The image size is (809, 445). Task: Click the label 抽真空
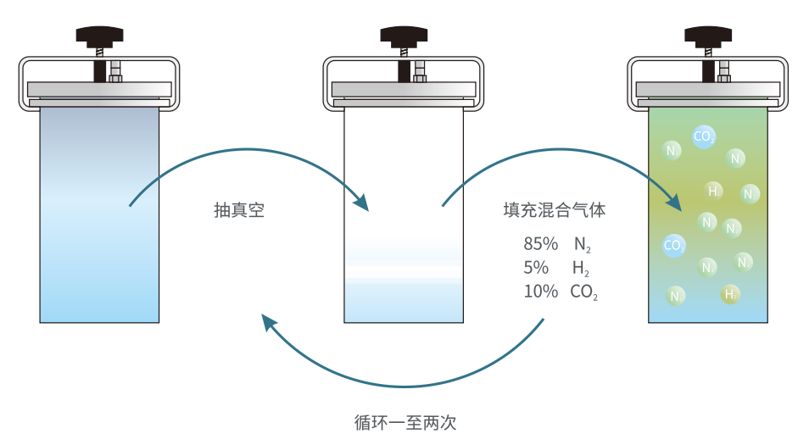point(239,210)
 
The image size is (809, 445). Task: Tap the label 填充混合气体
point(555,210)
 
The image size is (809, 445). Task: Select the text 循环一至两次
point(405,421)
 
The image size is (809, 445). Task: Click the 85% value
point(540,244)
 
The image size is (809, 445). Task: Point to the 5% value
point(535,268)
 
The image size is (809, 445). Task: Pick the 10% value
point(540,292)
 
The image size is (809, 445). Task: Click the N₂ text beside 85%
point(582,245)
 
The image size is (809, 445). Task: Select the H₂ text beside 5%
point(581,269)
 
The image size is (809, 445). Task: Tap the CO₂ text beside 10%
point(584,292)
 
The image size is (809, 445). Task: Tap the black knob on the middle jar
point(404,36)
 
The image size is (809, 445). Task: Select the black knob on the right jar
point(708,36)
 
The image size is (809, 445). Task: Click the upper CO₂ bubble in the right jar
point(703,136)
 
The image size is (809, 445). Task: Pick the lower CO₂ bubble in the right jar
point(674,246)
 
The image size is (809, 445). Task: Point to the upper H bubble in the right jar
point(714,191)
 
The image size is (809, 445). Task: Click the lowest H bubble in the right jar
point(729,294)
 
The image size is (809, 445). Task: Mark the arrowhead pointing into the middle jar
point(362,203)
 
